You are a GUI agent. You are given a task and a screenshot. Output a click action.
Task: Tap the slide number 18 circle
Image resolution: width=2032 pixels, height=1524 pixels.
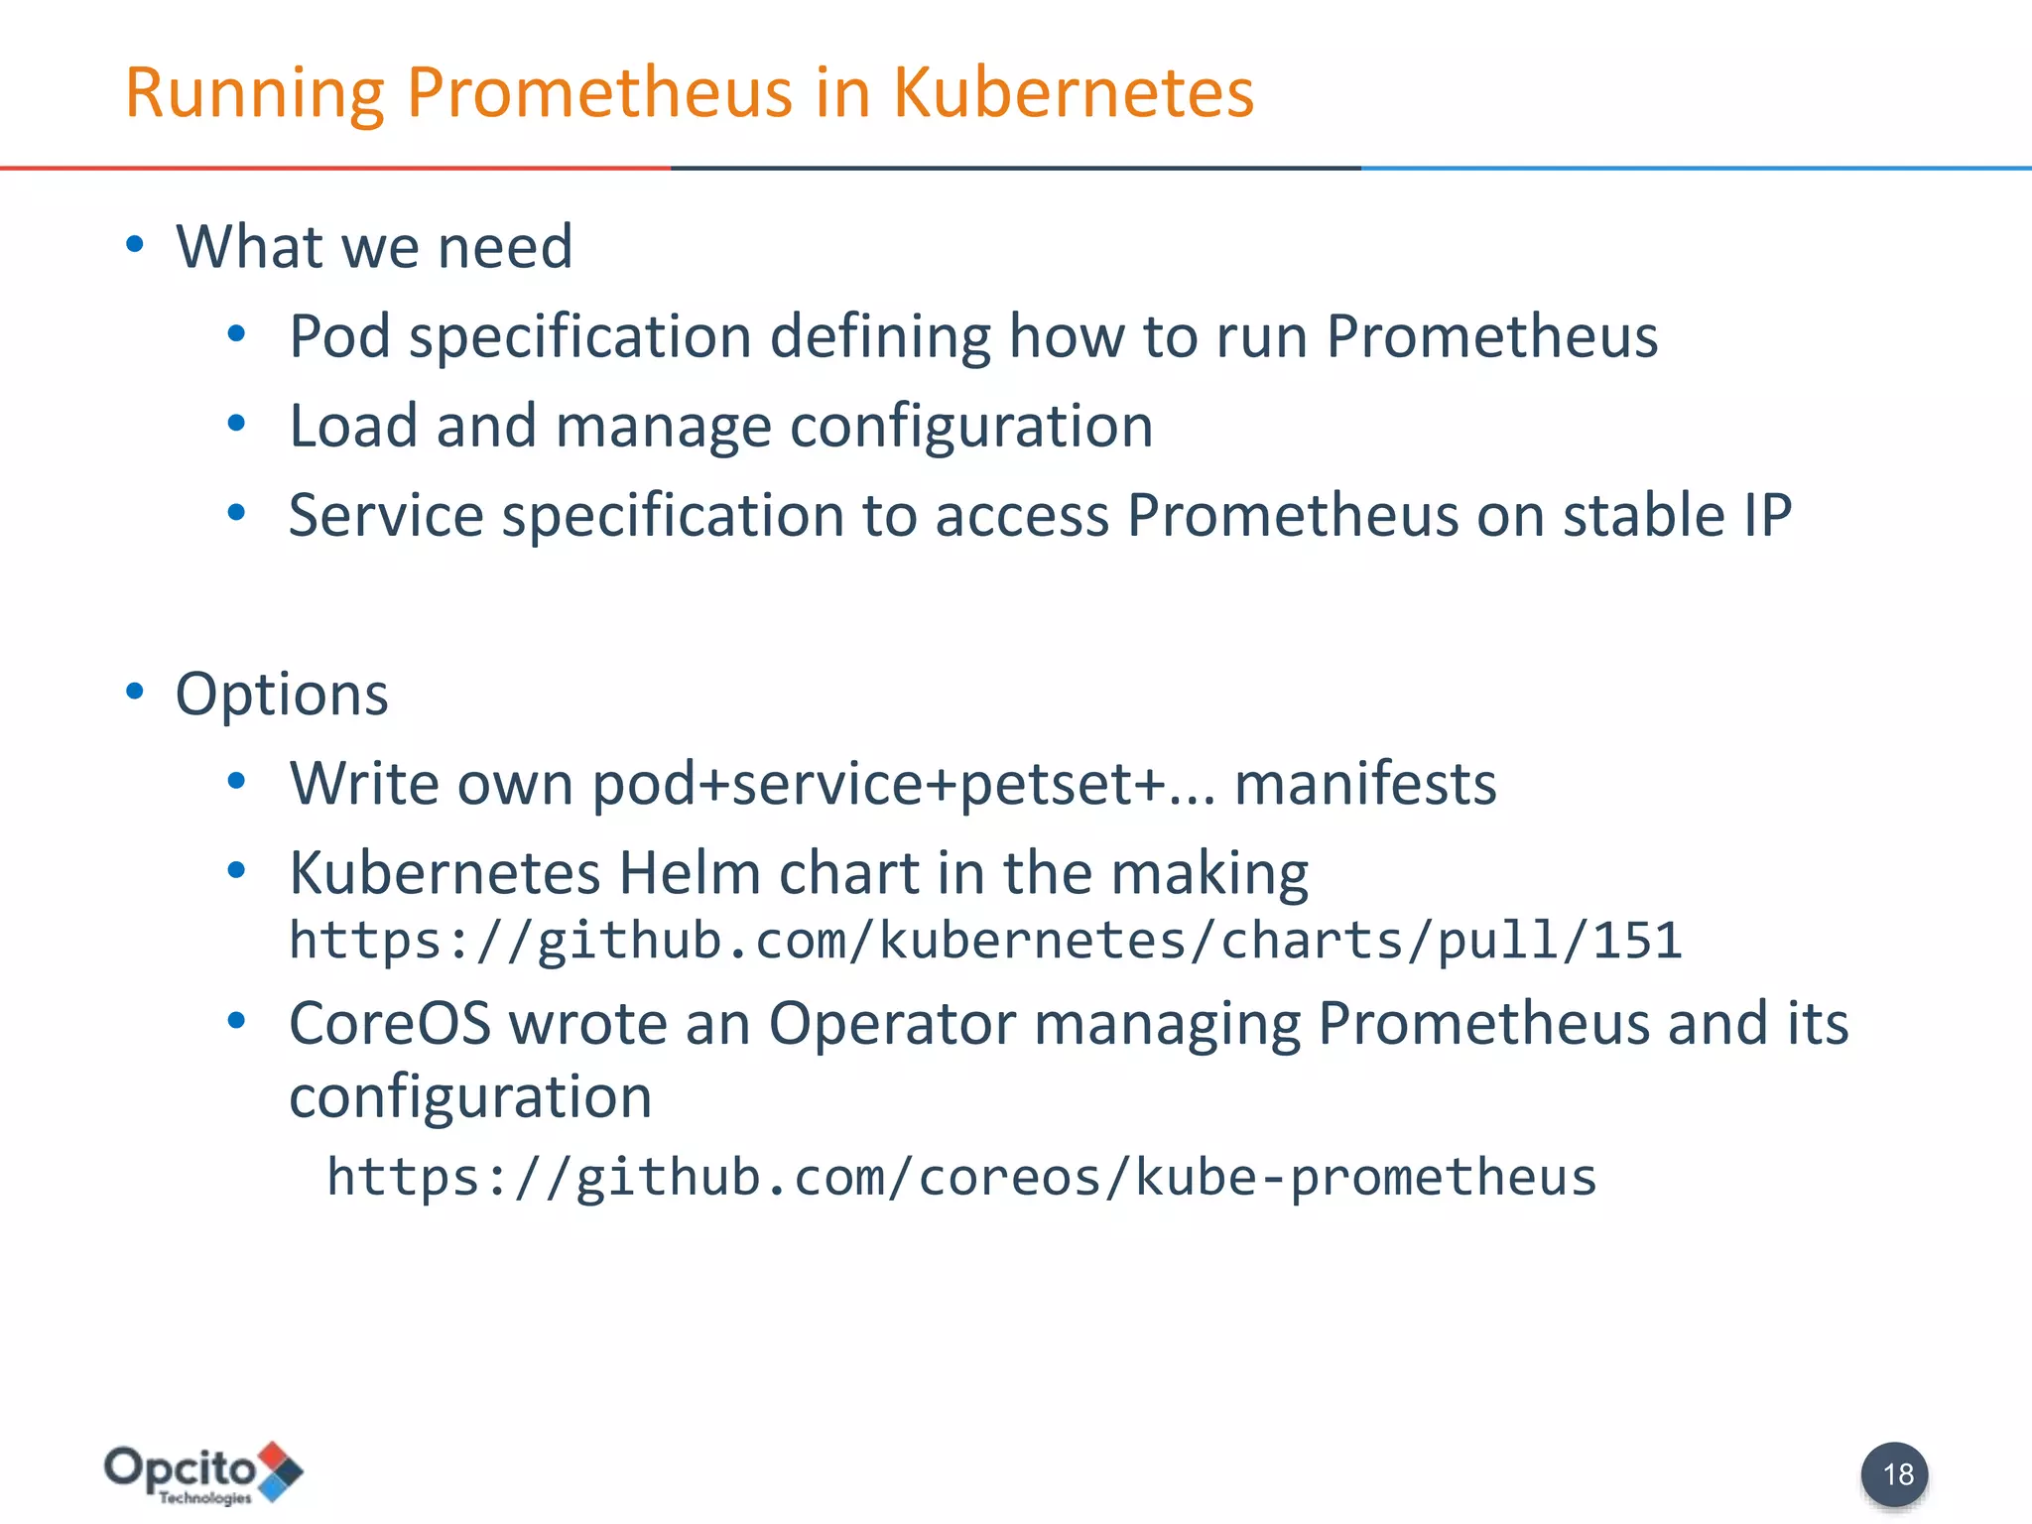pos(1894,1474)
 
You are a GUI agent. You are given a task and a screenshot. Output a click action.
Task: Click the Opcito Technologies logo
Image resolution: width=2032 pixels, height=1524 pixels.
pos(203,1472)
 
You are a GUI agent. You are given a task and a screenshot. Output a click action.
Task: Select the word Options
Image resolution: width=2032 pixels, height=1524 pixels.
pos(282,694)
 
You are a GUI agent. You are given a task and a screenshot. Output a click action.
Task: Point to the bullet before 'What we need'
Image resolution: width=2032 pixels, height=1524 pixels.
pos(135,244)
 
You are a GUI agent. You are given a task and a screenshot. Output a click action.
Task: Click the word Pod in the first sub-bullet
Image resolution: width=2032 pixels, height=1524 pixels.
pos(339,335)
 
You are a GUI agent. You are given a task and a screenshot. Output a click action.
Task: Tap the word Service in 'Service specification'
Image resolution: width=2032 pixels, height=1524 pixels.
pos(386,516)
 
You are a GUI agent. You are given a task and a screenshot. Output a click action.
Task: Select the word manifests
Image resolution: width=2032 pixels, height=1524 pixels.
pos(1364,784)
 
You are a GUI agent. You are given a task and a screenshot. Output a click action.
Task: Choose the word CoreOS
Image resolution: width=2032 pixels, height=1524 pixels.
pos(390,1023)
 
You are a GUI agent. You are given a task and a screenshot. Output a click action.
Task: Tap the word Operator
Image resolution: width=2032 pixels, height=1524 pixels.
pos(892,1023)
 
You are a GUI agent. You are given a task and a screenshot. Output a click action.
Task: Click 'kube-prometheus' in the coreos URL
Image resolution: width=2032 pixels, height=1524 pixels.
pos(1365,1178)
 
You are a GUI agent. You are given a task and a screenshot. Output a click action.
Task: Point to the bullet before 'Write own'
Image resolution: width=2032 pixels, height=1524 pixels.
pos(236,782)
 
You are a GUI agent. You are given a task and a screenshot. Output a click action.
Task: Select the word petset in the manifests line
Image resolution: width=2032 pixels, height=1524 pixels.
pos(1046,784)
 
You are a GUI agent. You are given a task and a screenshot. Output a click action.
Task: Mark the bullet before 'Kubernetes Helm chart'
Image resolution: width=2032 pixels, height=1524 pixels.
pos(236,871)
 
